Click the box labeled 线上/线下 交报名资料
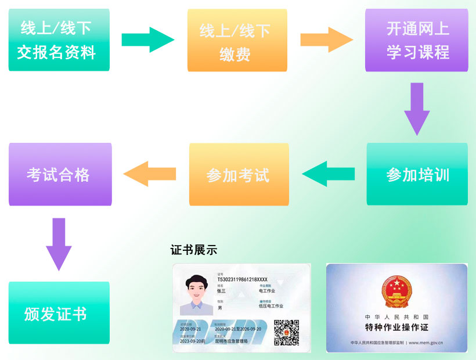click(x=59, y=40)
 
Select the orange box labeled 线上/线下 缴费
click(x=237, y=40)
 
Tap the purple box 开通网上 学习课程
click(x=417, y=40)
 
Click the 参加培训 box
click(x=417, y=174)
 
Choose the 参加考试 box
click(x=239, y=174)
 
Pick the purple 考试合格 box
click(x=60, y=174)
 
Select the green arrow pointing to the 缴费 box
click(x=147, y=39)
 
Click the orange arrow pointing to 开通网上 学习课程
click(x=326, y=39)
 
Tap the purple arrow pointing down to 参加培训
click(x=417, y=109)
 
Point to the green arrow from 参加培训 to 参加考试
click(x=328, y=174)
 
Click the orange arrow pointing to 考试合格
click(x=149, y=174)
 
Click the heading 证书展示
click(x=194, y=250)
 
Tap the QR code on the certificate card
click(x=286, y=333)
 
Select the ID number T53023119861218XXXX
click(x=242, y=279)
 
